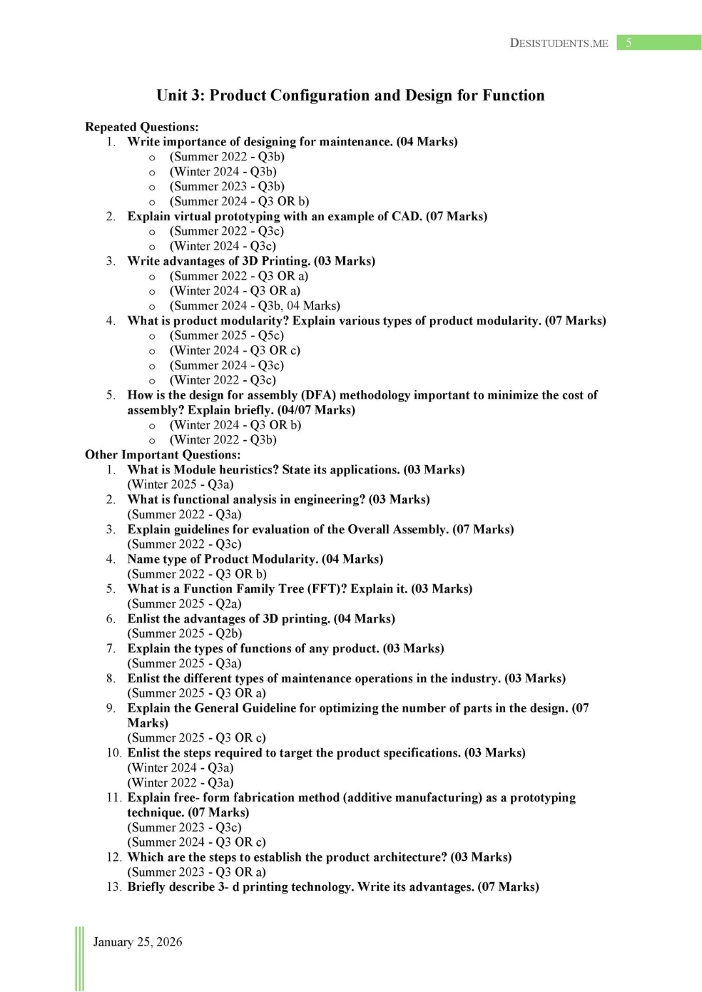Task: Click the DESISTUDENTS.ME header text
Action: pos(559,43)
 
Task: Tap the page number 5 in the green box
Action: pos(629,43)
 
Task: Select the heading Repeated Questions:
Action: pos(141,127)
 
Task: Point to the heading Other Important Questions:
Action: pos(163,455)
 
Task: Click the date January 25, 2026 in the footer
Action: pos(137,942)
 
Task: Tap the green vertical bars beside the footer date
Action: pos(79,958)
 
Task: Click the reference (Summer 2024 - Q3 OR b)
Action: pos(239,202)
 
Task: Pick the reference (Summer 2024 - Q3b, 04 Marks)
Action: pos(255,306)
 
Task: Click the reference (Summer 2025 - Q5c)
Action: pos(226,336)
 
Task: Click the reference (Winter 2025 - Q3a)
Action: pos(180,485)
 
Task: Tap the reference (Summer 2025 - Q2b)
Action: pos(185,634)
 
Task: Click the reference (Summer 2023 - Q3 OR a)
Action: pos(196,872)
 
